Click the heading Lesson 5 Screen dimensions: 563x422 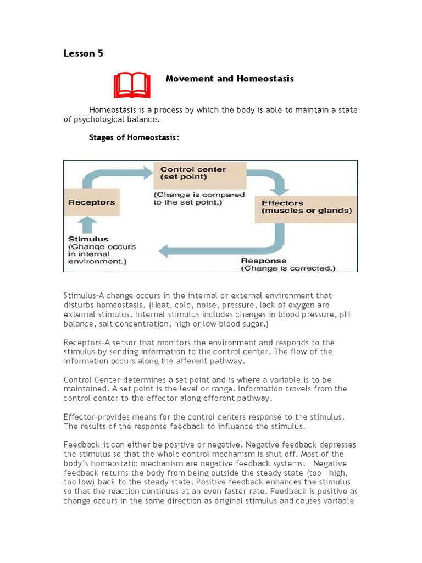click(83, 53)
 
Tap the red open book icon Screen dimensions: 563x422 click(132, 85)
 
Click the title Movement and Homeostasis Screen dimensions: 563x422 click(230, 79)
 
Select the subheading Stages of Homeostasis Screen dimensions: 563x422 click(134, 137)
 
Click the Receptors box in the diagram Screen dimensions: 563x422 click(92, 202)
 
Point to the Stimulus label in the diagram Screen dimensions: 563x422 click(88, 239)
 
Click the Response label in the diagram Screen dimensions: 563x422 click(264, 260)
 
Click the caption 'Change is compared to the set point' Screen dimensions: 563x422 click(199, 198)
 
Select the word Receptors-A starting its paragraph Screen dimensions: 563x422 click(87, 343)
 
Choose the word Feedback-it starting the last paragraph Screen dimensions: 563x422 click(86, 445)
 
